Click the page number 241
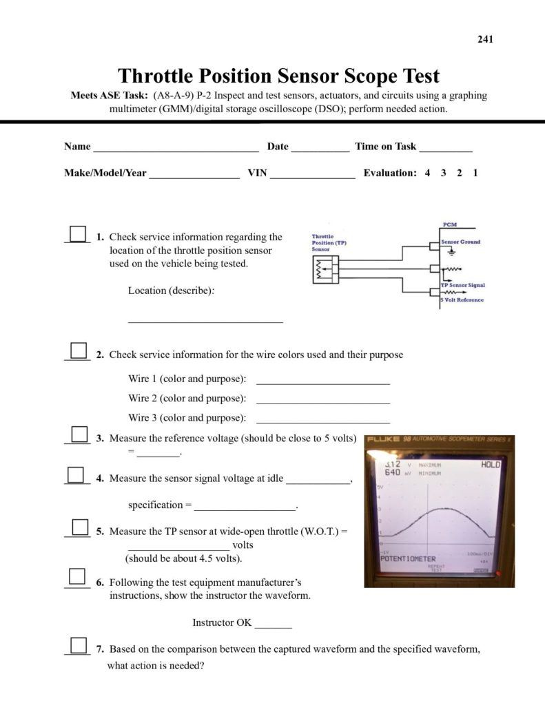485,39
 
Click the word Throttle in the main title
158,76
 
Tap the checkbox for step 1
79,234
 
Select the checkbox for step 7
79,646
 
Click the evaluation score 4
427,173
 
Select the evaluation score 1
475,173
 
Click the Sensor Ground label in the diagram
461,242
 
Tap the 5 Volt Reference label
462,299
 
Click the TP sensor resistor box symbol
322,270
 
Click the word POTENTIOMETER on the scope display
409,558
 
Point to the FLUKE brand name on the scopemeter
384,440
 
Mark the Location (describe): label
171,291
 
